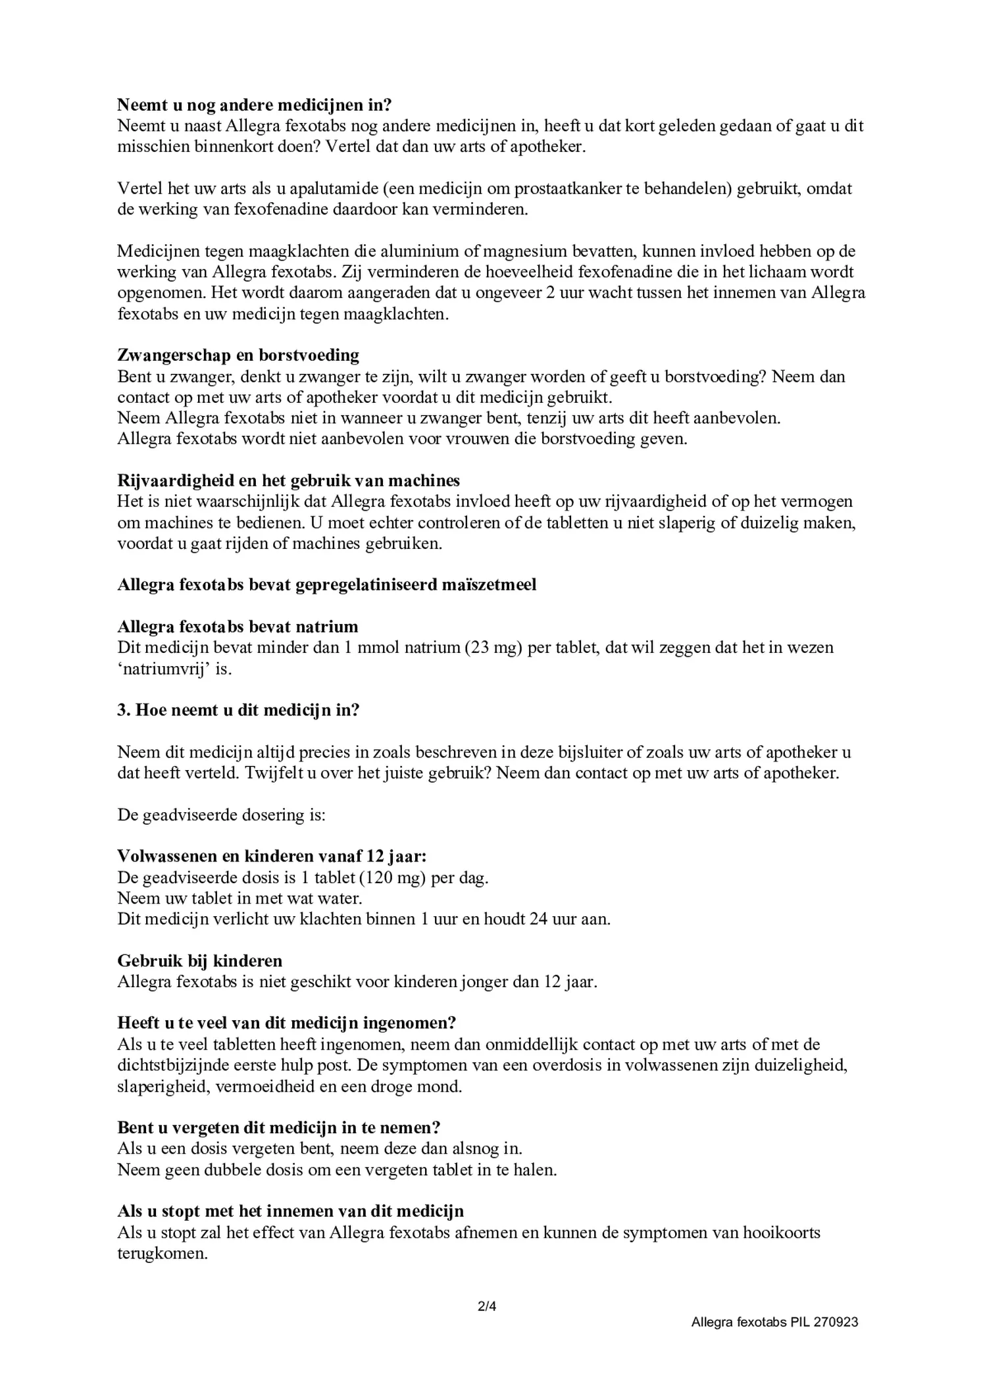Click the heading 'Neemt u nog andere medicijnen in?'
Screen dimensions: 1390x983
click(x=254, y=105)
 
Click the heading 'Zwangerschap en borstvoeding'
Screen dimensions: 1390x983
click(x=238, y=355)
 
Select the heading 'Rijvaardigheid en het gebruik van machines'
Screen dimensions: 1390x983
click(x=288, y=480)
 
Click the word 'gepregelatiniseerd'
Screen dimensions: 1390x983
click(x=382, y=584)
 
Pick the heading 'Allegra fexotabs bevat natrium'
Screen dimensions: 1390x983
click(x=238, y=627)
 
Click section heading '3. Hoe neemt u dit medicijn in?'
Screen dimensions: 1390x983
click(x=238, y=711)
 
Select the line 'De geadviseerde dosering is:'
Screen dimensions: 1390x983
click(x=221, y=815)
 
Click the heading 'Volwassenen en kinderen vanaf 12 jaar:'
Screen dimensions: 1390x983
click(x=272, y=856)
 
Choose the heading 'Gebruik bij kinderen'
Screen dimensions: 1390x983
click(x=199, y=961)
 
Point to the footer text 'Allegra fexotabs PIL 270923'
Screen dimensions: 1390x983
click(x=774, y=1322)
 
